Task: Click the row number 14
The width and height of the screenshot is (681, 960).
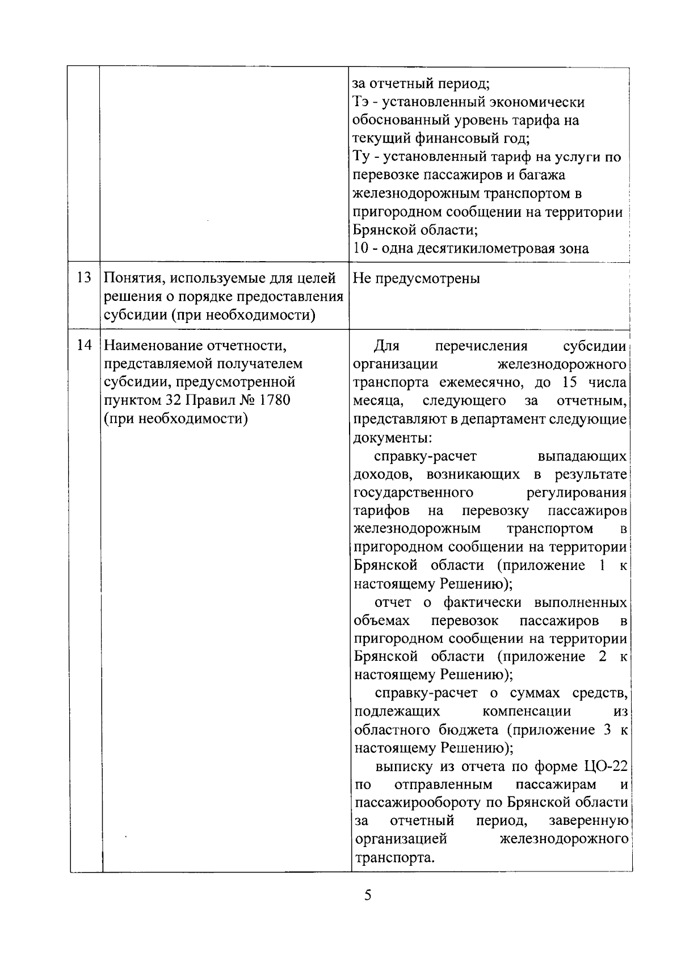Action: (x=84, y=345)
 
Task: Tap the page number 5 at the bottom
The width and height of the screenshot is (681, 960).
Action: (x=368, y=895)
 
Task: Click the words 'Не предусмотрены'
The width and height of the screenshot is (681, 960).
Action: (x=416, y=278)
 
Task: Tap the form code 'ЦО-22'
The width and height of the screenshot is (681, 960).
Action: (x=605, y=766)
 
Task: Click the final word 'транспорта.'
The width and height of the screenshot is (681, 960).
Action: (x=394, y=858)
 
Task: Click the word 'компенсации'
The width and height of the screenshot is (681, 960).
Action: (x=527, y=711)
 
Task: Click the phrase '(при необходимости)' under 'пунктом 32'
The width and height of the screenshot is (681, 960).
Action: (x=176, y=419)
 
